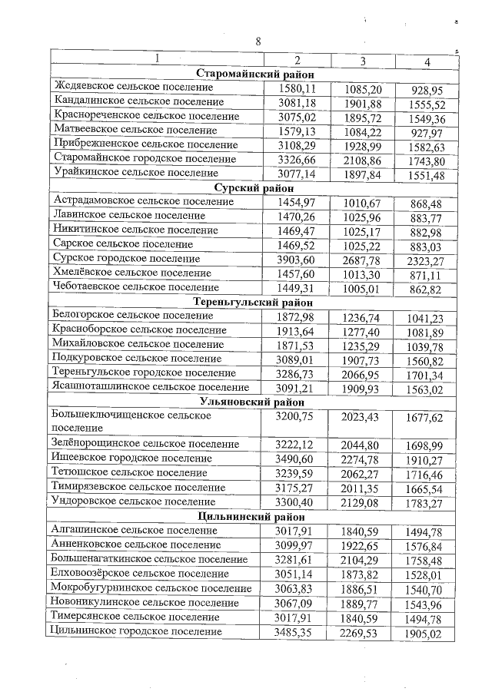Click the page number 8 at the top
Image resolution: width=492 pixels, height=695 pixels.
tap(258, 41)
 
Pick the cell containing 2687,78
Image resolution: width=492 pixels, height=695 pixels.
tap(362, 260)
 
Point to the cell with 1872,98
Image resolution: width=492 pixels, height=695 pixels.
tap(295, 316)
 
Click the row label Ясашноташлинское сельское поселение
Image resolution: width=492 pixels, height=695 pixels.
tap(150, 387)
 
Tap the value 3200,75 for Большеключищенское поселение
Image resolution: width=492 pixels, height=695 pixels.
tap(295, 416)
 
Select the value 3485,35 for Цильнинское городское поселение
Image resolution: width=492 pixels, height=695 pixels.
tap(295, 632)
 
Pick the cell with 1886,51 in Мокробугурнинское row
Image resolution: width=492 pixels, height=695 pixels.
tap(362, 589)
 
